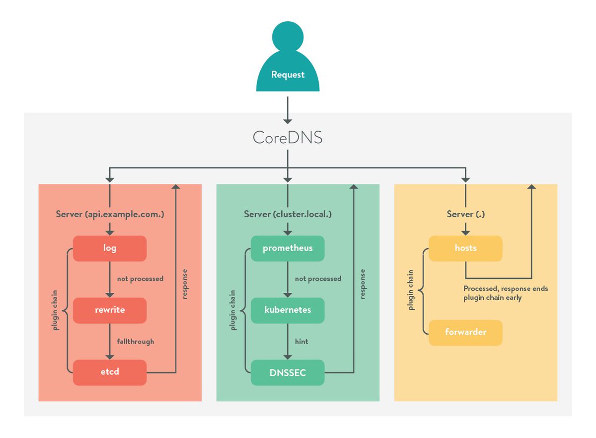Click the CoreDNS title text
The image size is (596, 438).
[288, 137]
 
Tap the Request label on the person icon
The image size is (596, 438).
[288, 75]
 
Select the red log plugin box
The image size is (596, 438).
[110, 248]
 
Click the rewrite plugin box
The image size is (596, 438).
[110, 310]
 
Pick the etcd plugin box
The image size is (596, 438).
[110, 371]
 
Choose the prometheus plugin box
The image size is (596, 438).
[288, 248]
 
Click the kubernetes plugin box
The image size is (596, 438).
[288, 310]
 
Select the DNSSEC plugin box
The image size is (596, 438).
[288, 371]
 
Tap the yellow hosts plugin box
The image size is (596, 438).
[465, 248]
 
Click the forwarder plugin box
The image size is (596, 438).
[465, 332]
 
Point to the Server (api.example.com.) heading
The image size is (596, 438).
[110, 214]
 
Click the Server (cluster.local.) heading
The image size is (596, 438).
[288, 214]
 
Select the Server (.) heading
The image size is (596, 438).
[465, 214]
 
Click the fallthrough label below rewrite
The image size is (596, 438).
[136, 342]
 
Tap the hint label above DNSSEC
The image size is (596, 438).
[301, 342]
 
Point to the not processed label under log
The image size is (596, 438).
[140, 279]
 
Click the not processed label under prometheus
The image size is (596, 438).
[318, 279]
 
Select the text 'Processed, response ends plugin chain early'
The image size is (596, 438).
[506, 293]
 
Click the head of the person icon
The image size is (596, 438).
[288, 36]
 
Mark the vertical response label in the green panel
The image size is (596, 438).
[363, 284]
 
